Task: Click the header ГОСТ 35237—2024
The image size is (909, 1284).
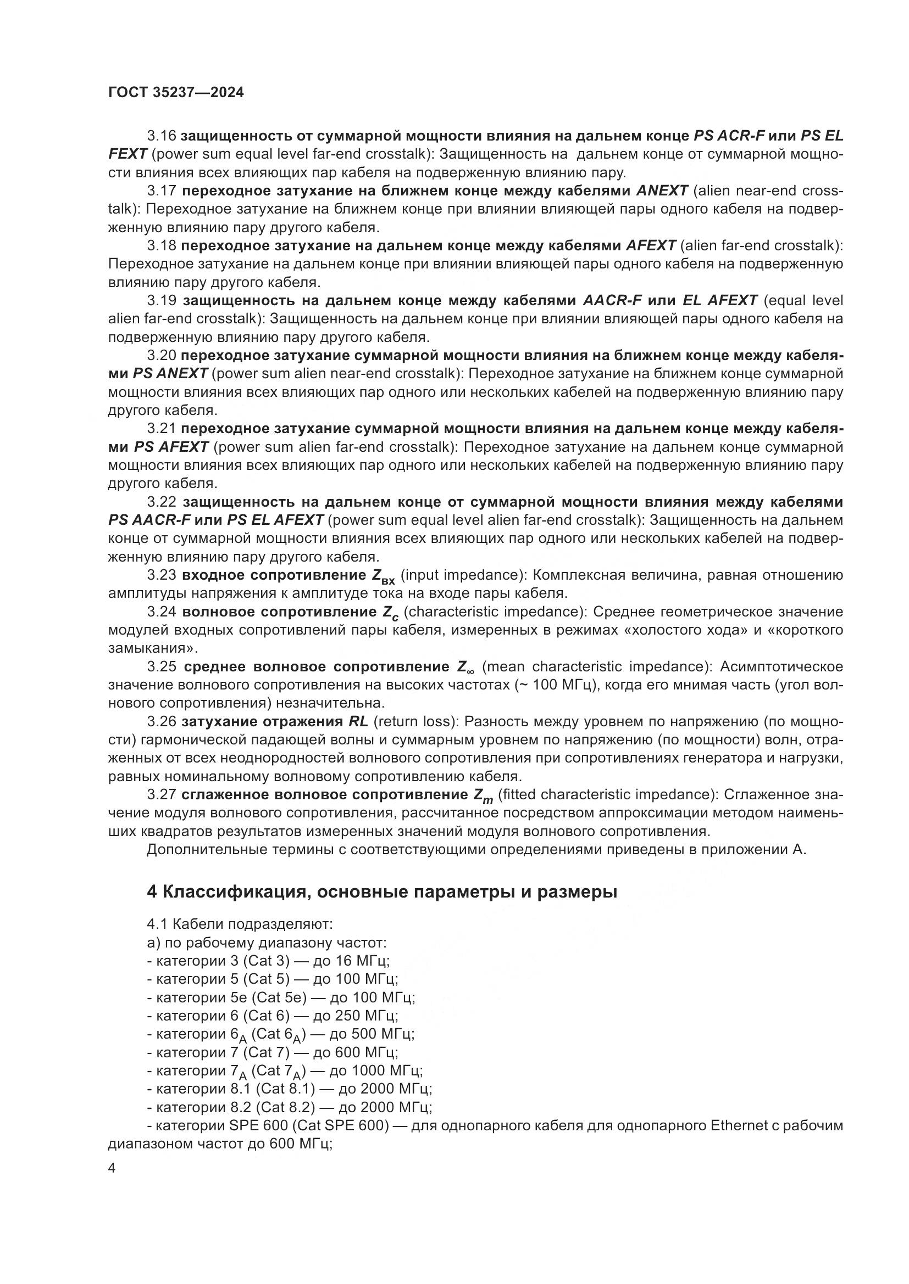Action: pos(176,92)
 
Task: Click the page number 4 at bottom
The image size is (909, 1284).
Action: pos(112,1169)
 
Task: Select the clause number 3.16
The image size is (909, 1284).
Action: pos(162,136)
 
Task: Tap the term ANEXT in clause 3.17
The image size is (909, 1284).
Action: pos(662,190)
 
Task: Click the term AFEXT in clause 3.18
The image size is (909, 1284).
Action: pos(650,245)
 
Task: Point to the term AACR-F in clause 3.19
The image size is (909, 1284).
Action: pos(612,300)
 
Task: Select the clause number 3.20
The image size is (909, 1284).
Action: pos(162,355)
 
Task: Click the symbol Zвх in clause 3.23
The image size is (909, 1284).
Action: pos(383,576)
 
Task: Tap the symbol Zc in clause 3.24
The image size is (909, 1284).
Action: pos(390,614)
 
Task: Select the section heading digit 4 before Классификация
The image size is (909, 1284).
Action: pos(152,892)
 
